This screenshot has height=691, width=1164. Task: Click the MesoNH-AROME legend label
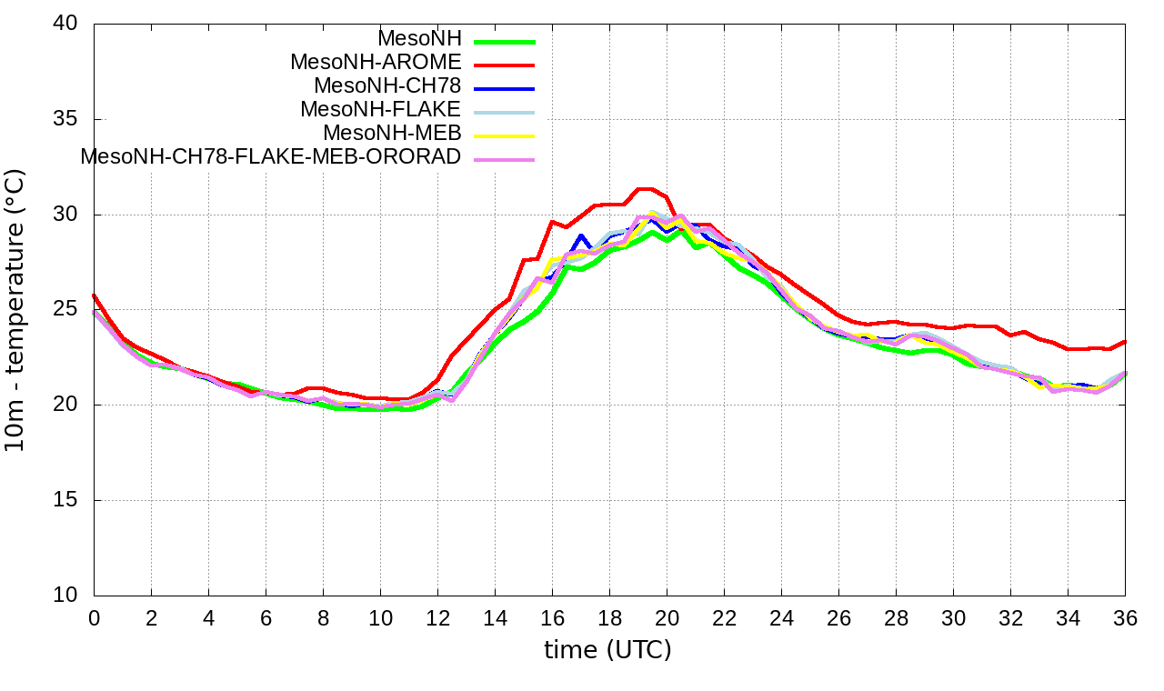[x=376, y=63]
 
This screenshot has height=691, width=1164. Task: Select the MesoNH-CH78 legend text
[x=387, y=86]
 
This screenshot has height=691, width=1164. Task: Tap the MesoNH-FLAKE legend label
[x=381, y=109]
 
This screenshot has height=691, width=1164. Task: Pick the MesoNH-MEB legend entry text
[x=393, y=133]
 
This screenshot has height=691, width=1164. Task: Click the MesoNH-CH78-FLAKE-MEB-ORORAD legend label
[x=271, y=156]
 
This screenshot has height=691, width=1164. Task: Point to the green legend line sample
[x=503, y=41]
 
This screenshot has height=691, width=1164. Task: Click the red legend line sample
[x=503, y=65]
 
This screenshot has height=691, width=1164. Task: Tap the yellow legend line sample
[x=503, y=135]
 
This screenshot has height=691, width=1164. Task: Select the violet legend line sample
[x=503, y=158]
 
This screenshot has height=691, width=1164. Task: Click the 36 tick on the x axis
[x=1125, y=617]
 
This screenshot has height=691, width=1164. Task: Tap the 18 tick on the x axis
[x=609, y=617]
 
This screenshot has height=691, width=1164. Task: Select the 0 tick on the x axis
[x=94, y=617]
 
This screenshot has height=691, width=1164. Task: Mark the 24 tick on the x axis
[x=781, y=617]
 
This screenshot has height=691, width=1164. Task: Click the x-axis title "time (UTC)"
[x=607, y=650]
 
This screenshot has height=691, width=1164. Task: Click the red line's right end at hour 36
[x=1125, y=342]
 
